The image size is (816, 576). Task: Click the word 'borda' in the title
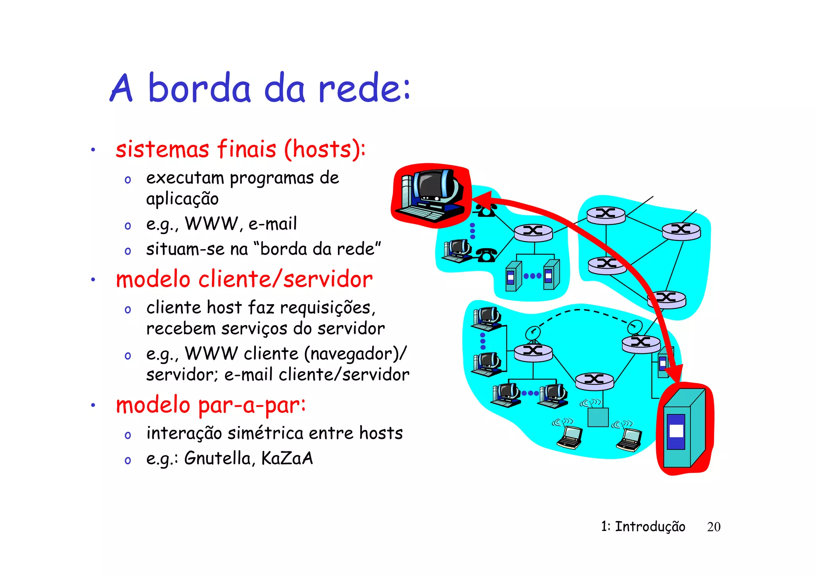point(199,88)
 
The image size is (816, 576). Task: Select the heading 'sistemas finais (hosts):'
point(241,149)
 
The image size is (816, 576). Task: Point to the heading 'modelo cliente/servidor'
point(244,279)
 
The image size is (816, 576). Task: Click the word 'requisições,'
point(328,308)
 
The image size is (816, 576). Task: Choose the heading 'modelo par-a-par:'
point(211,405)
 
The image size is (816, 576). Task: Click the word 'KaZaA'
point(287,458)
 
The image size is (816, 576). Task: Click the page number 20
point(713,527)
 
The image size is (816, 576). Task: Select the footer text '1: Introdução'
point(643,527)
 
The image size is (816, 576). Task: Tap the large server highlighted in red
point(685,429)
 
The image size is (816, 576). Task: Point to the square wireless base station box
point(598,417)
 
